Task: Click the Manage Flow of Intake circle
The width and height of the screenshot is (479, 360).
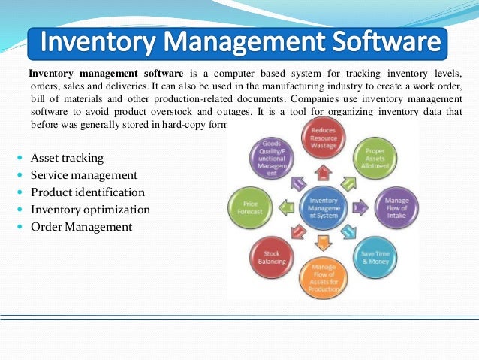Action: click(x=396, y=205)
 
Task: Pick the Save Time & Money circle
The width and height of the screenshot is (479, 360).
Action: click(x=375, y=253)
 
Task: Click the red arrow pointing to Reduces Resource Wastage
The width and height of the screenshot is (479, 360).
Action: click(x=324, y=173)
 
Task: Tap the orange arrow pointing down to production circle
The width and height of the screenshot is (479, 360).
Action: click(x=324, y=241)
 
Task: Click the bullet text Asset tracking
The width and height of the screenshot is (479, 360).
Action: click(x=67, y=159)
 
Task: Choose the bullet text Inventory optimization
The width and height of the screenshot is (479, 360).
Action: click(x=90, y=210)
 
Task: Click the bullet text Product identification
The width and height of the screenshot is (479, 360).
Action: click(x=87, y=192)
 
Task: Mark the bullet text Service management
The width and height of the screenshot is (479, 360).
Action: click(x=84, y=176)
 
